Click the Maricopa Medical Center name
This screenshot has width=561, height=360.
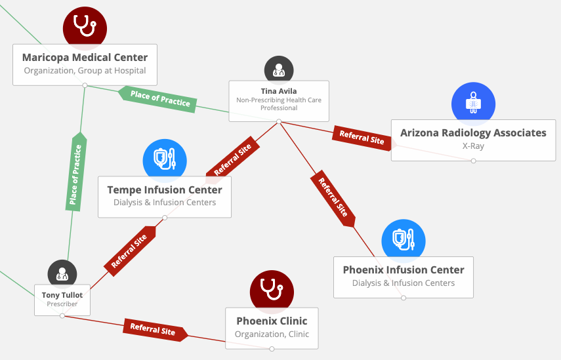pyautogui.click(x=85, y=58)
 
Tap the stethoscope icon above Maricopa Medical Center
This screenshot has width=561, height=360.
pyautogui.click(x=85, y=26)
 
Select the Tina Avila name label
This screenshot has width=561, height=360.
pyautogui.click(x=279, y=91)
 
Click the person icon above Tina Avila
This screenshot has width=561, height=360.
pyautogui.click(x=279, y=70)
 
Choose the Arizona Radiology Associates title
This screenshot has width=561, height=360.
pyautogui.click(x=473, y=132)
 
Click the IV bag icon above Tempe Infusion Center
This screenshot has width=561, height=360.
pyautogui.click(x=165, y=159)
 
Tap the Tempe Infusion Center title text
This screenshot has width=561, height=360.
pyautogui.click(x=165, y=190)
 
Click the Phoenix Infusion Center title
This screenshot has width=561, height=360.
pyautogui.click(x=404, y=270)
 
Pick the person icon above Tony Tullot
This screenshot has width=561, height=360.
pyautogui.click(x=62, y=274)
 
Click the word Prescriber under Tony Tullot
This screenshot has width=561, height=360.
pyautogui.click(x=62, y=304)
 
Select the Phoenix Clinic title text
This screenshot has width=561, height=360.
pyautogui.click(x=272, y=321)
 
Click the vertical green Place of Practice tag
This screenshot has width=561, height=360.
pyautogui.click(x=75, y=176)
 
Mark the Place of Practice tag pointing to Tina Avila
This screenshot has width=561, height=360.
pyautogui.click(x=159, y=98)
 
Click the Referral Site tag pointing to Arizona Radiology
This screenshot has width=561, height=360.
pyautogui.click(x=360, y=136)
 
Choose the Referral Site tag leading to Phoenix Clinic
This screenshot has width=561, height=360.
pyautogui.click(x=154, y=330)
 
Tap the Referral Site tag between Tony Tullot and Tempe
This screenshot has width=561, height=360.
pyautogui.click(x=130, y=250)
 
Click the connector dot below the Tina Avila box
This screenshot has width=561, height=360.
pyautogui.click(x=279, y=121)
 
